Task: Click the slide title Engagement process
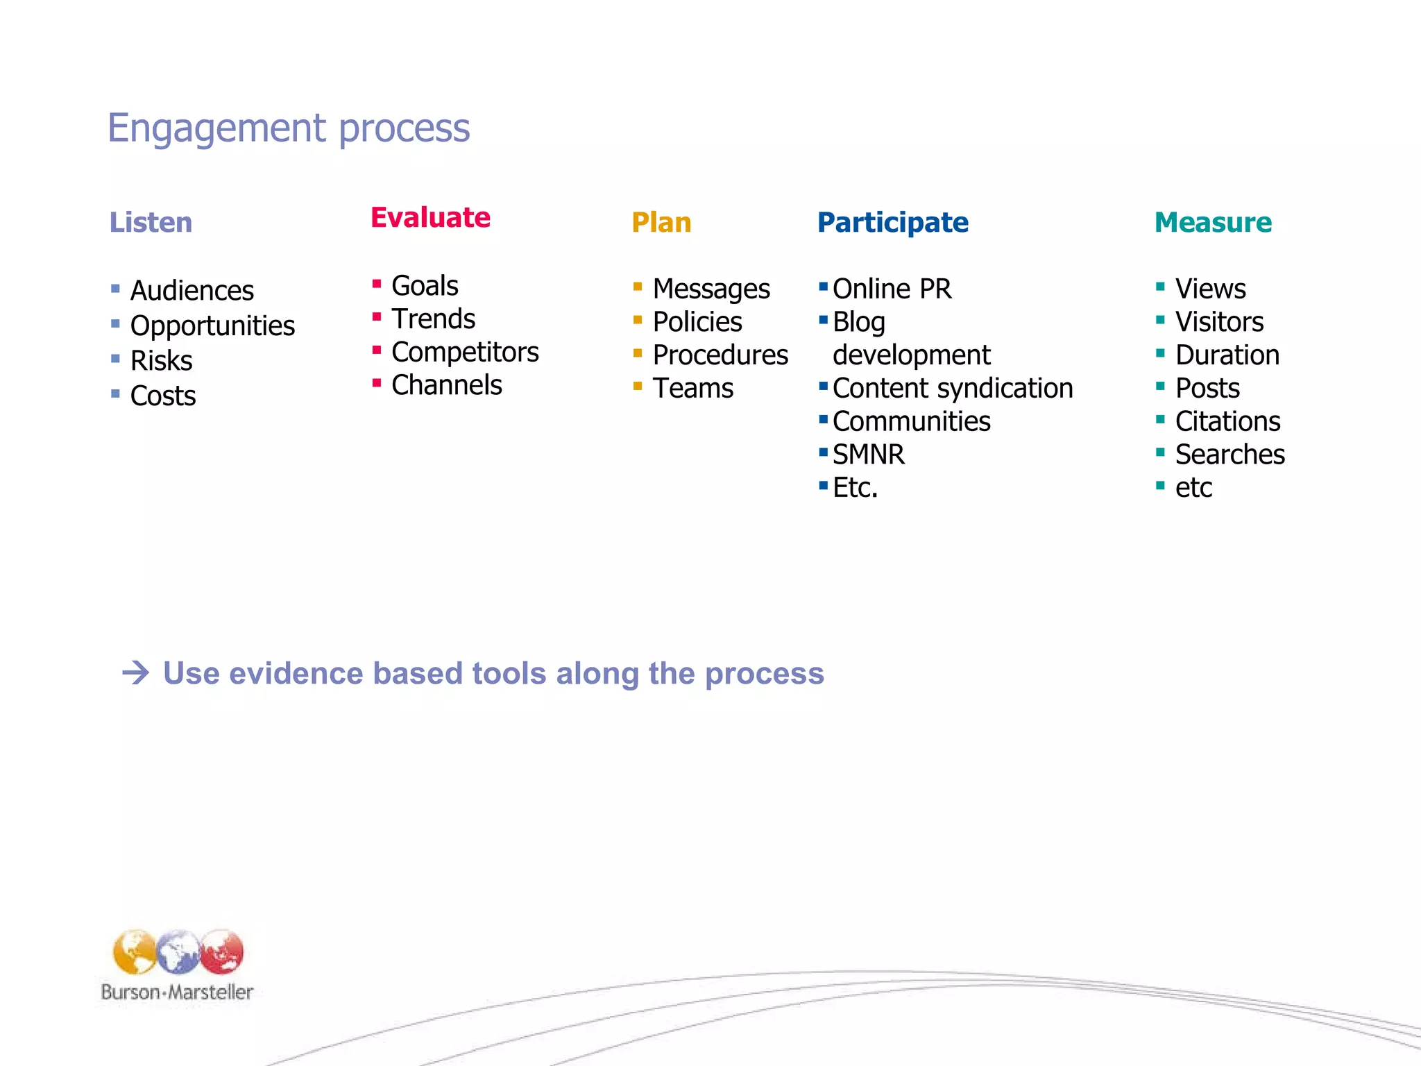289,128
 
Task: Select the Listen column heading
151,223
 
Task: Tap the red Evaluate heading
430,218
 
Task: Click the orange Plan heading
661,223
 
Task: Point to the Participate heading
892,223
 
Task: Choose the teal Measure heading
1213,223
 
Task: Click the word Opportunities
212,326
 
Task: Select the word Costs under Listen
163,396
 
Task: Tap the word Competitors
465,353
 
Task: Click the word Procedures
720,355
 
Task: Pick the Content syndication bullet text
953,389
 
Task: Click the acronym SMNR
868,455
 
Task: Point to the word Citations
1227,422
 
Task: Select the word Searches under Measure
1229,455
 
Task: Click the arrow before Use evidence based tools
135,673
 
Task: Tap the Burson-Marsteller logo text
177,992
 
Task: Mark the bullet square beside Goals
377,283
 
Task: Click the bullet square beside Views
1160,286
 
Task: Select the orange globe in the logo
134,951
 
